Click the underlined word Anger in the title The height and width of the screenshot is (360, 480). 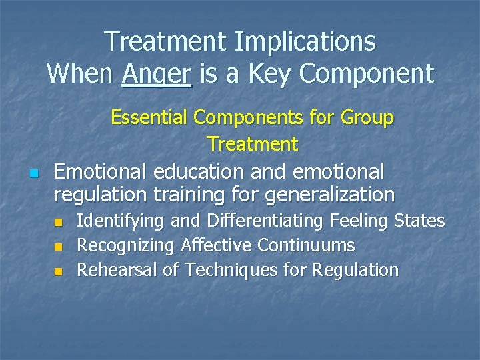(x=157, y=73)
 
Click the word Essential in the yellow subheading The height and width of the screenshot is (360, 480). (x=150, y=118)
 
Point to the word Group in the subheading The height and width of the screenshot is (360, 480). (x=366, y=118)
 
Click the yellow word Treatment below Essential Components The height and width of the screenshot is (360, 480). (x=253, y=143)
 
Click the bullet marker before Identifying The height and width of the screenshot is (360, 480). (x=59, y=222)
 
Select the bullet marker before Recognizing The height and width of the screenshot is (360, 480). (x=59, y=247)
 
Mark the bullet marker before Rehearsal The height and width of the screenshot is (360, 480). (x=59, y=271)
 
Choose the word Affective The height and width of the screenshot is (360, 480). (x=218, y=245)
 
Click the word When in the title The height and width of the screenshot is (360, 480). (x=80, y=73)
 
